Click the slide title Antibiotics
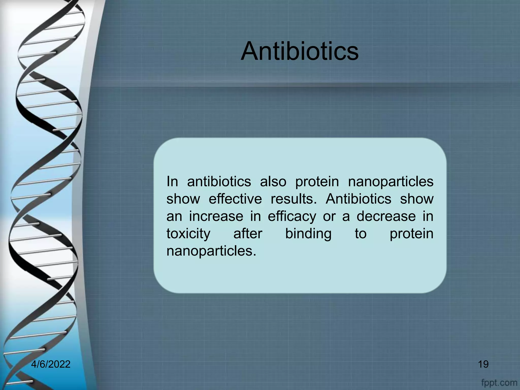click(x=300, y=52)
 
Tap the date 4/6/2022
click(x=51, y=364)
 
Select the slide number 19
click(x=483, y=364)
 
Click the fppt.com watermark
click(x=499, y=382)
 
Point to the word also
click(x=273, y=182)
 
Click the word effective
click(x=235, y=199)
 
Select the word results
click(x=294, y=199)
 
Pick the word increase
click(x=216, y=216)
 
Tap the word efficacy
click(x=292, y=217)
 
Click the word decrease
click(x=386, y=216)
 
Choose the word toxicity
click(x=188, y=234)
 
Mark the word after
click(x=248, y=234)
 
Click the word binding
click(x=308, y=234)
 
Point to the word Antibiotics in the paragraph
click(x=359, y=199)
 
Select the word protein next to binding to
click(x=411, y=234)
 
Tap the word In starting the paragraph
click(x=172, y=182)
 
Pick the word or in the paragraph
click(x=329, y=216)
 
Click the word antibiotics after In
click(x=219, y=182)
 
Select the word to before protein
click(x=361, y=234)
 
